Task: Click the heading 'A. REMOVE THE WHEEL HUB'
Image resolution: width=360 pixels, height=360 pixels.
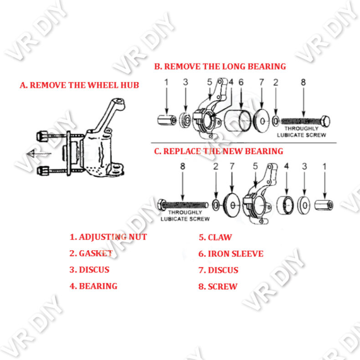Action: click(79, 85)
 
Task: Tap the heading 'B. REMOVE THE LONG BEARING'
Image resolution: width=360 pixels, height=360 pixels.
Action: click(220, 67)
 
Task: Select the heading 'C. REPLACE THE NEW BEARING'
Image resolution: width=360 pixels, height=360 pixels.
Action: click(218, 151)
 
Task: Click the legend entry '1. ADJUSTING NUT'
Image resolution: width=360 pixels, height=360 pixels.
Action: click(108, 237)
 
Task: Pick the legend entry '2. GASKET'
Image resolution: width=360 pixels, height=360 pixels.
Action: click(91, 253)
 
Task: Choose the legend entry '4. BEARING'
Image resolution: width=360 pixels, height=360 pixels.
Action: click(93, 286)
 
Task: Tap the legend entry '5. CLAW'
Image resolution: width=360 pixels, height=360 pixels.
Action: click(215, 237)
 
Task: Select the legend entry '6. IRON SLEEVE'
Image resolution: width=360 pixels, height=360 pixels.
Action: click(231, 254)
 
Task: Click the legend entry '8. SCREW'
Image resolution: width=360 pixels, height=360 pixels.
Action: click(218, 287)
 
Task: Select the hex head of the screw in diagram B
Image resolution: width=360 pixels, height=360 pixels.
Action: click(325, 121)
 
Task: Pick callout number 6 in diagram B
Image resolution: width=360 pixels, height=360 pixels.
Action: click(241, 82)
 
